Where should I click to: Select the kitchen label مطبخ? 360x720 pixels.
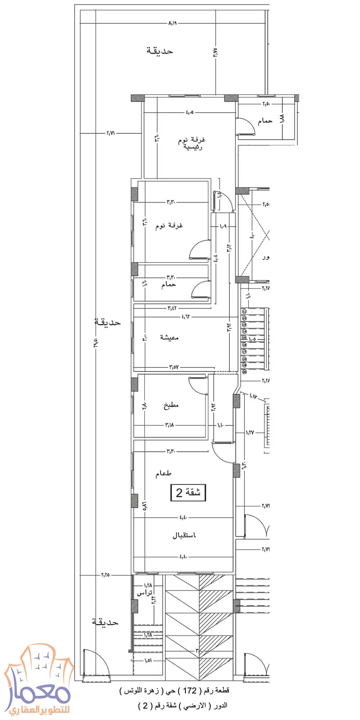(x=171, y=405)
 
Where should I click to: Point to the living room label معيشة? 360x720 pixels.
(x=169, y=337)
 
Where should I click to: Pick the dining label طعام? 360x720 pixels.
(x=163, y=474)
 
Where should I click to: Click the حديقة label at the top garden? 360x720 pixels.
(x=160, y=51)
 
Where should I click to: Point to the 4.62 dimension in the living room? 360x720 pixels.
(x=186, y=317)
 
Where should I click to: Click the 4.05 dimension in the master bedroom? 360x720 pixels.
(x=189, y=112)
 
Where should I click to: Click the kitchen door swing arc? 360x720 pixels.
(x=196, y=385)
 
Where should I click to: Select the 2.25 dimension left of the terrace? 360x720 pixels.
(x=105, y=575)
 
